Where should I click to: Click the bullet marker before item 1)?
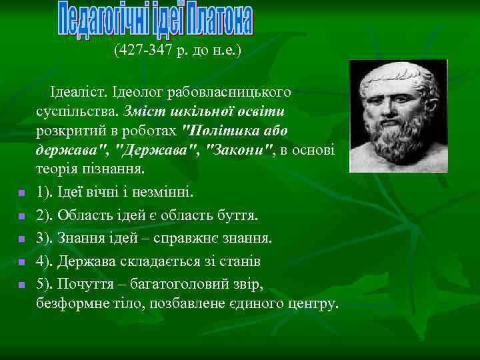pyautogui.click(x=21, y=193)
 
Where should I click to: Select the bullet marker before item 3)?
pyautogui.click(x=21, y=239)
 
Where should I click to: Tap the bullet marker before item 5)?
pyautogui.click(x=21, y=285)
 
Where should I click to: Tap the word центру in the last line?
pyautogui.click(x=313, y=303)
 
